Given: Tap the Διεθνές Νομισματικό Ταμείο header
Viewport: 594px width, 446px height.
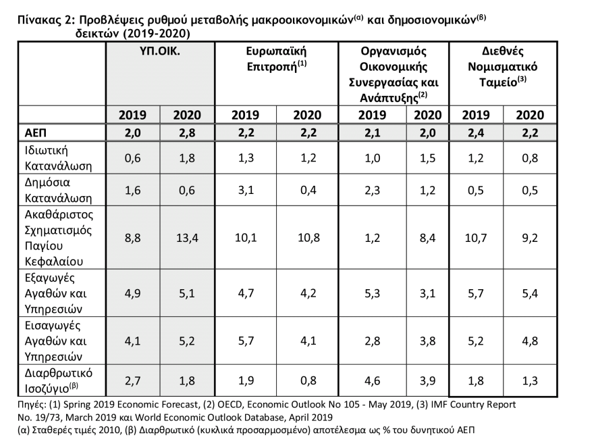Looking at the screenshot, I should point(503,66).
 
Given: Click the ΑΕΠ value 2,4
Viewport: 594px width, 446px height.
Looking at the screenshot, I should point(476,132).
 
